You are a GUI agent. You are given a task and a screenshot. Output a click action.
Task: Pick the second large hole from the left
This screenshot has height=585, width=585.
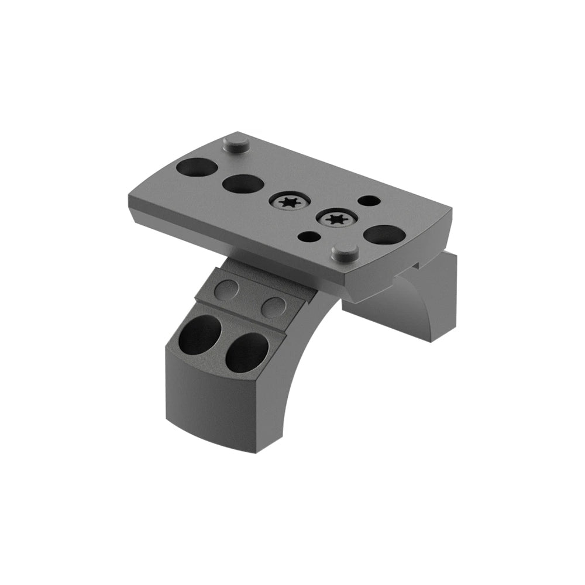[x=242, y=184]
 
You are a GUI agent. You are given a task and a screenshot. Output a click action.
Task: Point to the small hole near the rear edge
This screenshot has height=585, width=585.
[x=368, y=201]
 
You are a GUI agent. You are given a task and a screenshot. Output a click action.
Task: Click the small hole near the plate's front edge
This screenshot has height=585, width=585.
[x=308, y=237]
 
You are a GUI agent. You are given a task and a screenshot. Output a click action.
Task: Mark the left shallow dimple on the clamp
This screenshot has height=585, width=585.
[x=228, y=288]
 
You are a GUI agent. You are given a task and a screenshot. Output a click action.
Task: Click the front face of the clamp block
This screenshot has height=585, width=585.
[x=216, y=404]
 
